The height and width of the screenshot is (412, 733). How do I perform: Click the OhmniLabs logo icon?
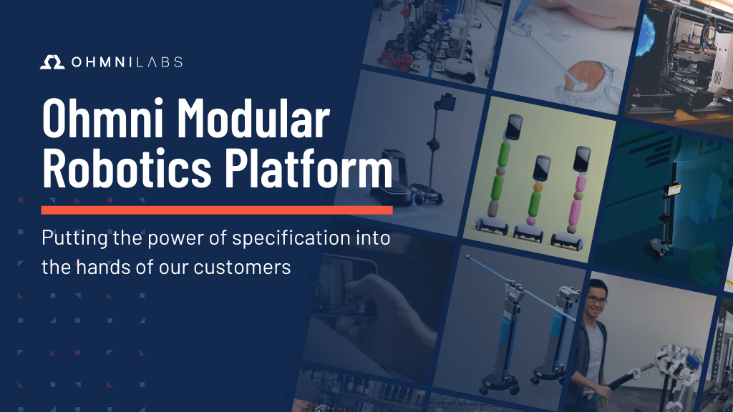[52, 62]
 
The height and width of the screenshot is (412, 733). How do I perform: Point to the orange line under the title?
[217, 210]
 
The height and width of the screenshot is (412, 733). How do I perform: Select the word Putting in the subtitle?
[74, 239]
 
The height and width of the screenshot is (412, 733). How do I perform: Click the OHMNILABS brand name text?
[127, 62]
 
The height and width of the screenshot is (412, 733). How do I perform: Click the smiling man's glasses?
[597, 300]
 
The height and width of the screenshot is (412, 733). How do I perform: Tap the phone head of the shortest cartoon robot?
[542, 168]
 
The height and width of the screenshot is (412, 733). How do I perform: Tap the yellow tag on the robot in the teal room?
[674, 190]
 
